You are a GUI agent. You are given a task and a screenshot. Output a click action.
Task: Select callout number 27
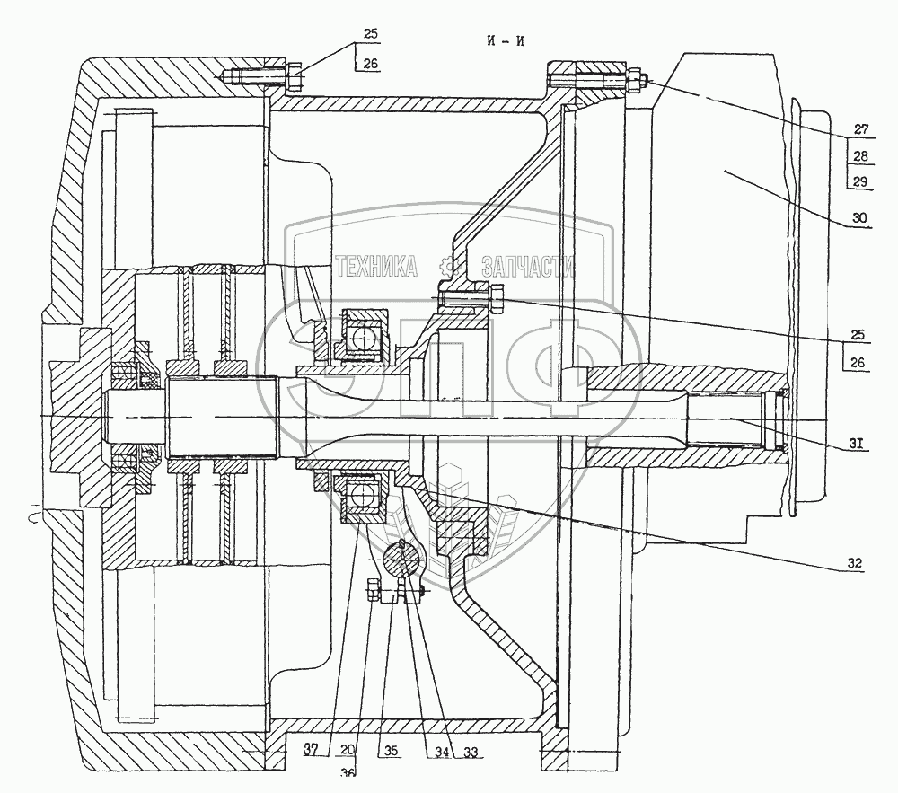click(x=860, y=128)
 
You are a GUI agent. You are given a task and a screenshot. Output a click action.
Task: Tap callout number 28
click(x=860, y=156)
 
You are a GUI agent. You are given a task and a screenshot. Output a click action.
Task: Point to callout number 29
click(x=860, y=182)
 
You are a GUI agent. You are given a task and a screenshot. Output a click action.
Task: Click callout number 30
click(x=860, y=218)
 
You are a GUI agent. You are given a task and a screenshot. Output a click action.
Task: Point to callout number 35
click(x=389, y=753)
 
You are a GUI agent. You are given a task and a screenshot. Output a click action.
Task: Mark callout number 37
click(x=312, y=753)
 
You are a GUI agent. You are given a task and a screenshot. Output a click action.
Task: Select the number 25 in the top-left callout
click(x=370, y=34)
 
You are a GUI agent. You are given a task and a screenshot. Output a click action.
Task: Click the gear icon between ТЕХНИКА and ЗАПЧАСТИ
click(x=448, y=266)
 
